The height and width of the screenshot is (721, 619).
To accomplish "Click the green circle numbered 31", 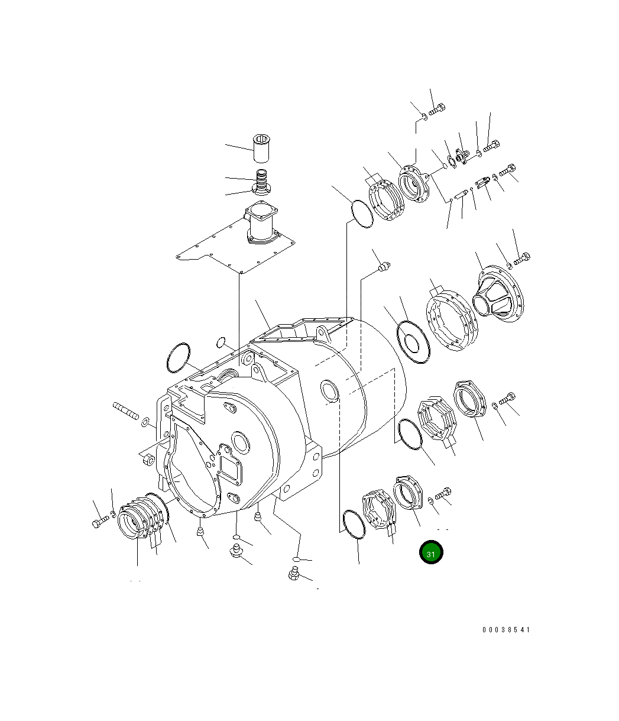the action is (x=430, y=552).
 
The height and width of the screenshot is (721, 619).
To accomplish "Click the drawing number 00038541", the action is (x=506, y=629).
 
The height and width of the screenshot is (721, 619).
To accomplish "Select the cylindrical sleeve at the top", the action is (x=261, y=148).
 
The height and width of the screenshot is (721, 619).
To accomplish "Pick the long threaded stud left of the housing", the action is (x=126, y=410).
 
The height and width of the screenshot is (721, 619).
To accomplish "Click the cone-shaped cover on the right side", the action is (x=498, y=294).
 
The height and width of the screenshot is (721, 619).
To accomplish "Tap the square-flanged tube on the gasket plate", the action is (x=261, y=222).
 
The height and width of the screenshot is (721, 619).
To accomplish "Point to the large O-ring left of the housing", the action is (x=179, y=357).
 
